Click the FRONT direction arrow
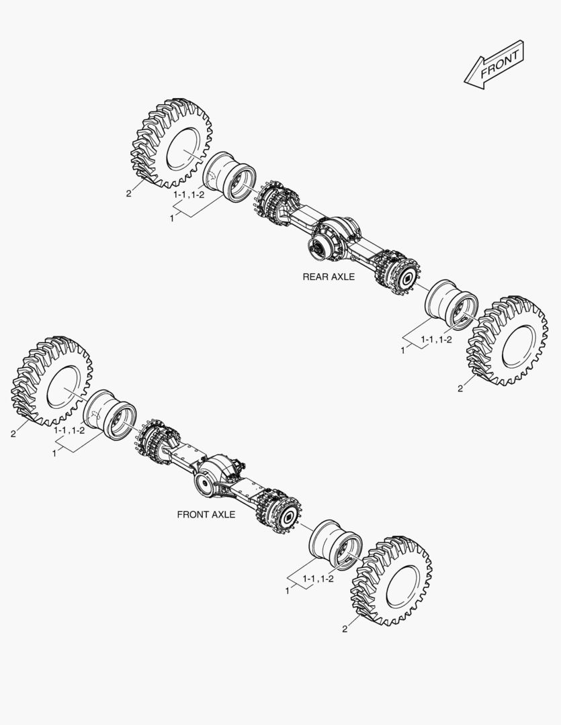[x=494, y=63]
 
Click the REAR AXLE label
[x=329, y=277]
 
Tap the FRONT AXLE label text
[x=206, y=515]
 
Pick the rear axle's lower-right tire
[x=508, y=340]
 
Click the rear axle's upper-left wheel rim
[x=230, y=176]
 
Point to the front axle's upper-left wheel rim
[x=110, y=413]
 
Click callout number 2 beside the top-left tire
[x=128, y=194]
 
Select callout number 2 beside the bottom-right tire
[x=345, y=629]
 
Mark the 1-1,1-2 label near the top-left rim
[x=189, y=194]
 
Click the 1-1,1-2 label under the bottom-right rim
[x=318, y=579]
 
